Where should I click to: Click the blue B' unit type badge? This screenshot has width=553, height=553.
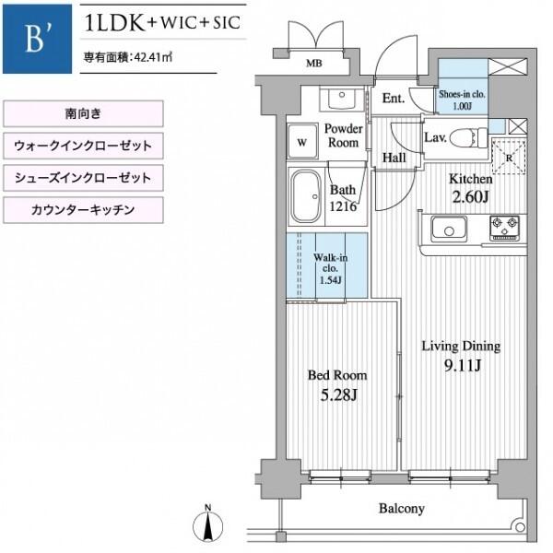[37, 39]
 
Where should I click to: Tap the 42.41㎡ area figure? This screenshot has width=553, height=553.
[154, 57]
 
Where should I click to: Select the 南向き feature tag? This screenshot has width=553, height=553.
[83, 113]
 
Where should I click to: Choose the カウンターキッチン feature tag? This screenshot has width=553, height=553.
[83, 210]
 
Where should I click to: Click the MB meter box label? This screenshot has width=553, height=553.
[314, 63]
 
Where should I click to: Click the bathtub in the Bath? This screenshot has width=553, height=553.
[306, 196]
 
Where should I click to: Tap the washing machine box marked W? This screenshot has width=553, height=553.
[302, 141]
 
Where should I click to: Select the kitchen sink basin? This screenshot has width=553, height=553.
[449, 229]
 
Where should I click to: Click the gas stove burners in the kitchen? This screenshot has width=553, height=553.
[504, 228]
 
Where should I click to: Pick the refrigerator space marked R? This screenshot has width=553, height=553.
[509, 158]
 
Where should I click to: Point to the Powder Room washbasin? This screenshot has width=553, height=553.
[341, 100]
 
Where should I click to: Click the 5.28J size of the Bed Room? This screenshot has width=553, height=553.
[338, 395]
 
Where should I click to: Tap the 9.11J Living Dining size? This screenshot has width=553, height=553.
[463, 366]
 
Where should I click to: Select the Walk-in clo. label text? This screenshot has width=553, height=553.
[331, 263]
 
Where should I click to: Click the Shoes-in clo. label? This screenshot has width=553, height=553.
[462, 95]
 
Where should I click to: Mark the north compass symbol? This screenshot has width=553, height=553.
[208, 524]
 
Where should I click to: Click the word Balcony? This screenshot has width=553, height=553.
[401, 509]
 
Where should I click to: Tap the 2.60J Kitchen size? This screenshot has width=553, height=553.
[470, 197]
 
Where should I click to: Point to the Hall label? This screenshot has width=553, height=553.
[394, 158]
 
